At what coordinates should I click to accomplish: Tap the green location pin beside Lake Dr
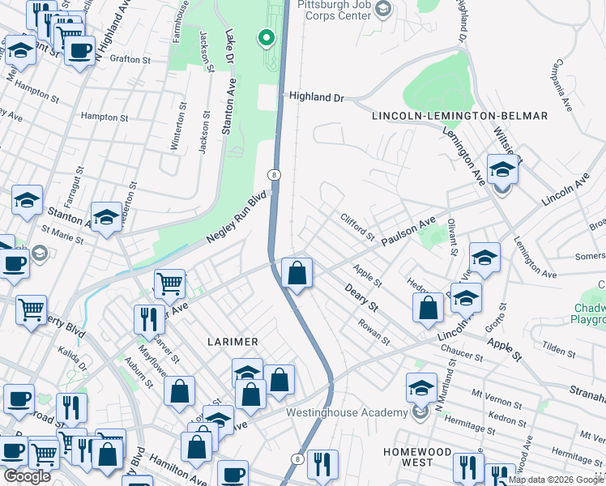point(265,38)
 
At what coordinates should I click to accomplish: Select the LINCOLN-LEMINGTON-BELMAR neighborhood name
point(459,116)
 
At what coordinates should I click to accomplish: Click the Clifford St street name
point(357,228)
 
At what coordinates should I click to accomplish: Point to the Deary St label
point(361,297)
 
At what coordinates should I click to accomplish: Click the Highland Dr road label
point(317,97)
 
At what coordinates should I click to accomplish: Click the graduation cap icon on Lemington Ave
point(502,171)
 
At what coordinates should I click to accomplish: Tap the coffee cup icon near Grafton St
point(79,51)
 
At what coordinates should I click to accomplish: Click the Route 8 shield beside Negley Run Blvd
point(275,175)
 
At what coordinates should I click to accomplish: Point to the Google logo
point(27,476)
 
